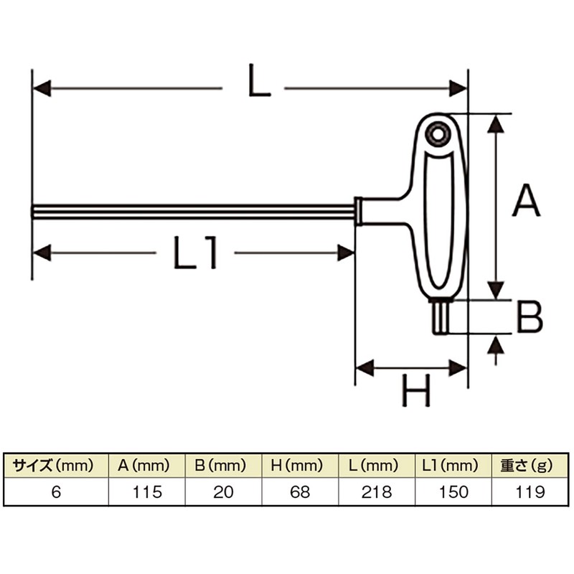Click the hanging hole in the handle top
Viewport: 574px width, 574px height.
click(436, 134)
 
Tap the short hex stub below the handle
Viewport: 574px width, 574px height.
click(441, 316)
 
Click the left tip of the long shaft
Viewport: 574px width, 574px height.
click(35, 212)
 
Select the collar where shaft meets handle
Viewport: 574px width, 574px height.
click(357, 212)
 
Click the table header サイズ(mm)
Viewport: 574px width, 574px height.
click(55, 466)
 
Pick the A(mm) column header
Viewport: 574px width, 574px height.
click(146, 466)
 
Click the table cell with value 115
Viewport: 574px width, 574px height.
click(146, 493)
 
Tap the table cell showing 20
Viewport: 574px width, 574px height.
click(223, 493)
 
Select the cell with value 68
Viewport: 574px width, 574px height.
click(301, 493)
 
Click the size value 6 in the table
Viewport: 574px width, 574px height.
click(55, 493)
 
